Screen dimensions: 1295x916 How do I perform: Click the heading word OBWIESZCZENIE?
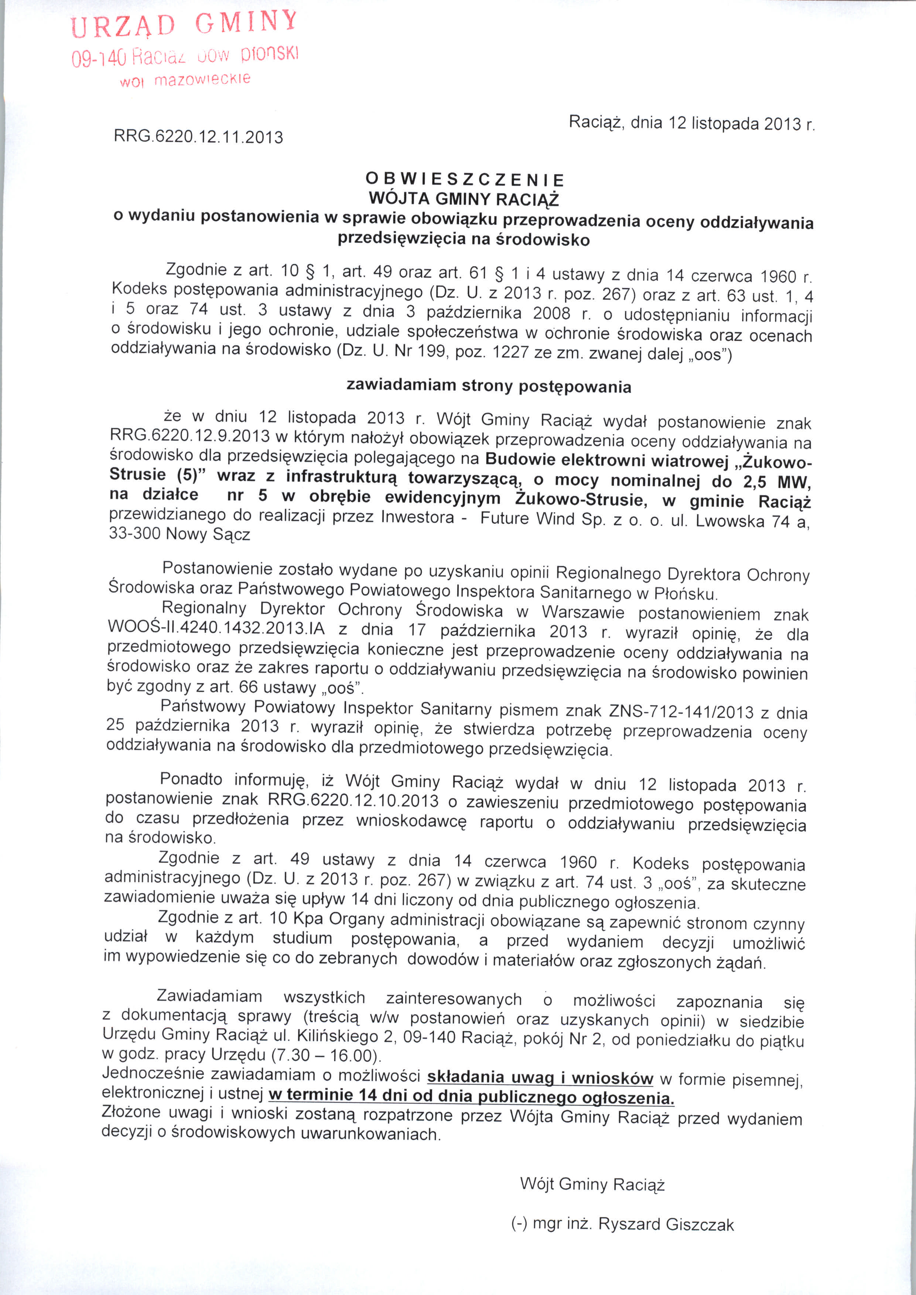pos(465,180)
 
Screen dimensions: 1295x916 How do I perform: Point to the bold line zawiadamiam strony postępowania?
pos(488,386)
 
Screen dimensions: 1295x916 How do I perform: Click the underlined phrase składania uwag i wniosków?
pos(540,1077)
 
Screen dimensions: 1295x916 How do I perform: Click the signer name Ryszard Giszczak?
pos(666,1224)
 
